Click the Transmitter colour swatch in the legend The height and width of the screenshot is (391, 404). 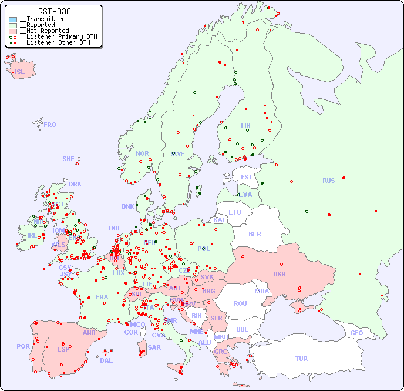13,19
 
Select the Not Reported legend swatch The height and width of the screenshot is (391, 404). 13,31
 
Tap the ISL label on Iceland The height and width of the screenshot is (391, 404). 20,72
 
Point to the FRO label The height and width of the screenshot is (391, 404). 50,125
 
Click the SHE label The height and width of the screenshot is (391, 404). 69,159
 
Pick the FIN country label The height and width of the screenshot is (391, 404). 245,125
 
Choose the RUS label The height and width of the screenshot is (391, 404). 328,181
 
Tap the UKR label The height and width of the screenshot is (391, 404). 280,274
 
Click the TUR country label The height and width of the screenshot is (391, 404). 301,359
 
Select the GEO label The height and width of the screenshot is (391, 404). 356,333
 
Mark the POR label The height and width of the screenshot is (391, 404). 23,346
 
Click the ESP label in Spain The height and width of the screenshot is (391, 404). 63,349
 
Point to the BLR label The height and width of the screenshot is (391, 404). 255,233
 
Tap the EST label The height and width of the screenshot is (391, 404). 247,177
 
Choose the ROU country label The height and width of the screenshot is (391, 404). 240,303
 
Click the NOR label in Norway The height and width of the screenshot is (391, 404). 142,153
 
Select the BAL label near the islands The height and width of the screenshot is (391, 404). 106,360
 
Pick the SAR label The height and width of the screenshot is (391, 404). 154,347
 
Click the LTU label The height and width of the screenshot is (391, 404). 235,212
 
